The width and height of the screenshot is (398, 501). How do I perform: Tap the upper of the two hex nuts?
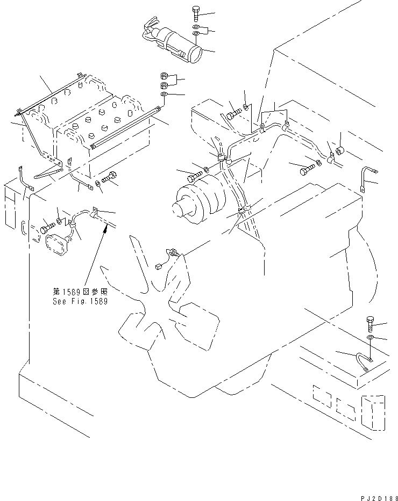165,76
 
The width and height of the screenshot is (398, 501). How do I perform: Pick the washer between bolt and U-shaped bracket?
371,338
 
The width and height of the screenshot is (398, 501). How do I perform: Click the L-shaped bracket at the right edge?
366,177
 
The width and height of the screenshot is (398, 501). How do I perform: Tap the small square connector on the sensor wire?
158,265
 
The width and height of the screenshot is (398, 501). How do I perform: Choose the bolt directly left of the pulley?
194,176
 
